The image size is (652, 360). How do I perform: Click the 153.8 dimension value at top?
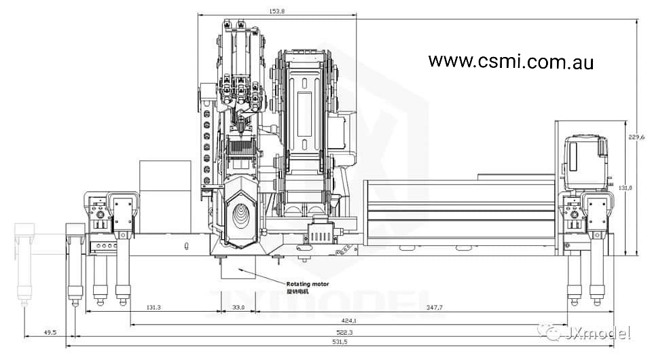(x=276, y=12)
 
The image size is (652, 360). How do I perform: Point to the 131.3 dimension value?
(x=153, y=308)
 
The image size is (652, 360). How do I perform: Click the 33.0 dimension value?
(x=238, y=308)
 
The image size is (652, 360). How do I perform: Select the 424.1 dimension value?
(x=349, y=320)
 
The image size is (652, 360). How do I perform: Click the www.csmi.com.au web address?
(x=511, y=62)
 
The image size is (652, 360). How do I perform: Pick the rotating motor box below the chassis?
(x=234, y=269)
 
